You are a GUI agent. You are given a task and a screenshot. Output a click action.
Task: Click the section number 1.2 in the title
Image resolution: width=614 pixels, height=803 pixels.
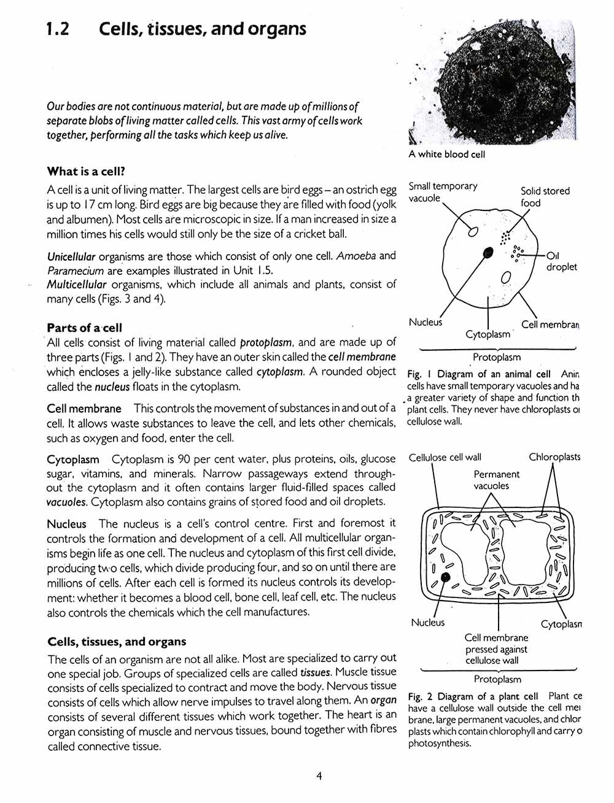point(58,29)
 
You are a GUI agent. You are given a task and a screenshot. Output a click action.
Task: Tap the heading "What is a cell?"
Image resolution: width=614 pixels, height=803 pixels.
point(90,171)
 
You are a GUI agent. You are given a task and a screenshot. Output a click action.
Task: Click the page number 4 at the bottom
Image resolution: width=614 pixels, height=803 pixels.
point(319,776)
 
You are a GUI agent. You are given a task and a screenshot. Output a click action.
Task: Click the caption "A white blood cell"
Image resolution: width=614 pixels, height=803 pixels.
point(447,155)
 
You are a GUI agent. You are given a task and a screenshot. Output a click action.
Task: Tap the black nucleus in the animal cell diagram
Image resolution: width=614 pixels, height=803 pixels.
point(488,252)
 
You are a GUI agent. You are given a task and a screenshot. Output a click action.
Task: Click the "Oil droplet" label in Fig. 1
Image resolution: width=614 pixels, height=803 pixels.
point(561,261)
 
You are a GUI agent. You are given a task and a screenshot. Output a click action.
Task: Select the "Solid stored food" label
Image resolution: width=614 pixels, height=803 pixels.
point(545,197)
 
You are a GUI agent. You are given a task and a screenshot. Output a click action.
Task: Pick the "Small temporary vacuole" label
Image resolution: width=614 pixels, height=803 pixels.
point(443,192)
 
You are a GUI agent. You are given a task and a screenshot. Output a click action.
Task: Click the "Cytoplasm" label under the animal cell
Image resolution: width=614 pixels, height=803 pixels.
point(488,335)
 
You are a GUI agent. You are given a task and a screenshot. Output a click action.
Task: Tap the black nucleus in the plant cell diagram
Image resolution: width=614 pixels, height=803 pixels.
point(446,577)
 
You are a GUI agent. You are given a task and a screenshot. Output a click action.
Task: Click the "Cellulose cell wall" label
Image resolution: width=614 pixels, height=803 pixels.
point(445,457)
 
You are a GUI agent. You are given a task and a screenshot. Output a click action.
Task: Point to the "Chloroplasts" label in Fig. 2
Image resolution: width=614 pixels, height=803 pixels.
point(554,457)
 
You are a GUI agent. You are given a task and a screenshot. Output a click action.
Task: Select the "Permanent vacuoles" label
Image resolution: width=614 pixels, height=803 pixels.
point(496,480)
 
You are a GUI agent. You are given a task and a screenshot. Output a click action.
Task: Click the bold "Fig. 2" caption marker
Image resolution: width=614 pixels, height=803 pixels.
point(421,696)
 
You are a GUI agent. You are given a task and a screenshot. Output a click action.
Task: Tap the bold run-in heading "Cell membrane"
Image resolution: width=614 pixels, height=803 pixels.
point(84,409)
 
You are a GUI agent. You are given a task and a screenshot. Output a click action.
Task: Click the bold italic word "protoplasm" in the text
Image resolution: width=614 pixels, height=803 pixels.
point(265,342)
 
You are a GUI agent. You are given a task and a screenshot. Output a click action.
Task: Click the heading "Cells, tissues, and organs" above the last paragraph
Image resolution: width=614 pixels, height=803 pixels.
point(117,642)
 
